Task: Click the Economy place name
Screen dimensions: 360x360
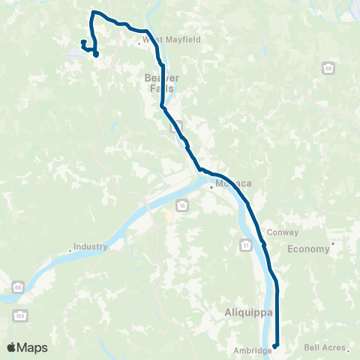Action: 308,249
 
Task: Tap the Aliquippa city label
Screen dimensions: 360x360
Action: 244,310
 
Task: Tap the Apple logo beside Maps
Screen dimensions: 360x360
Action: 12,347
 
